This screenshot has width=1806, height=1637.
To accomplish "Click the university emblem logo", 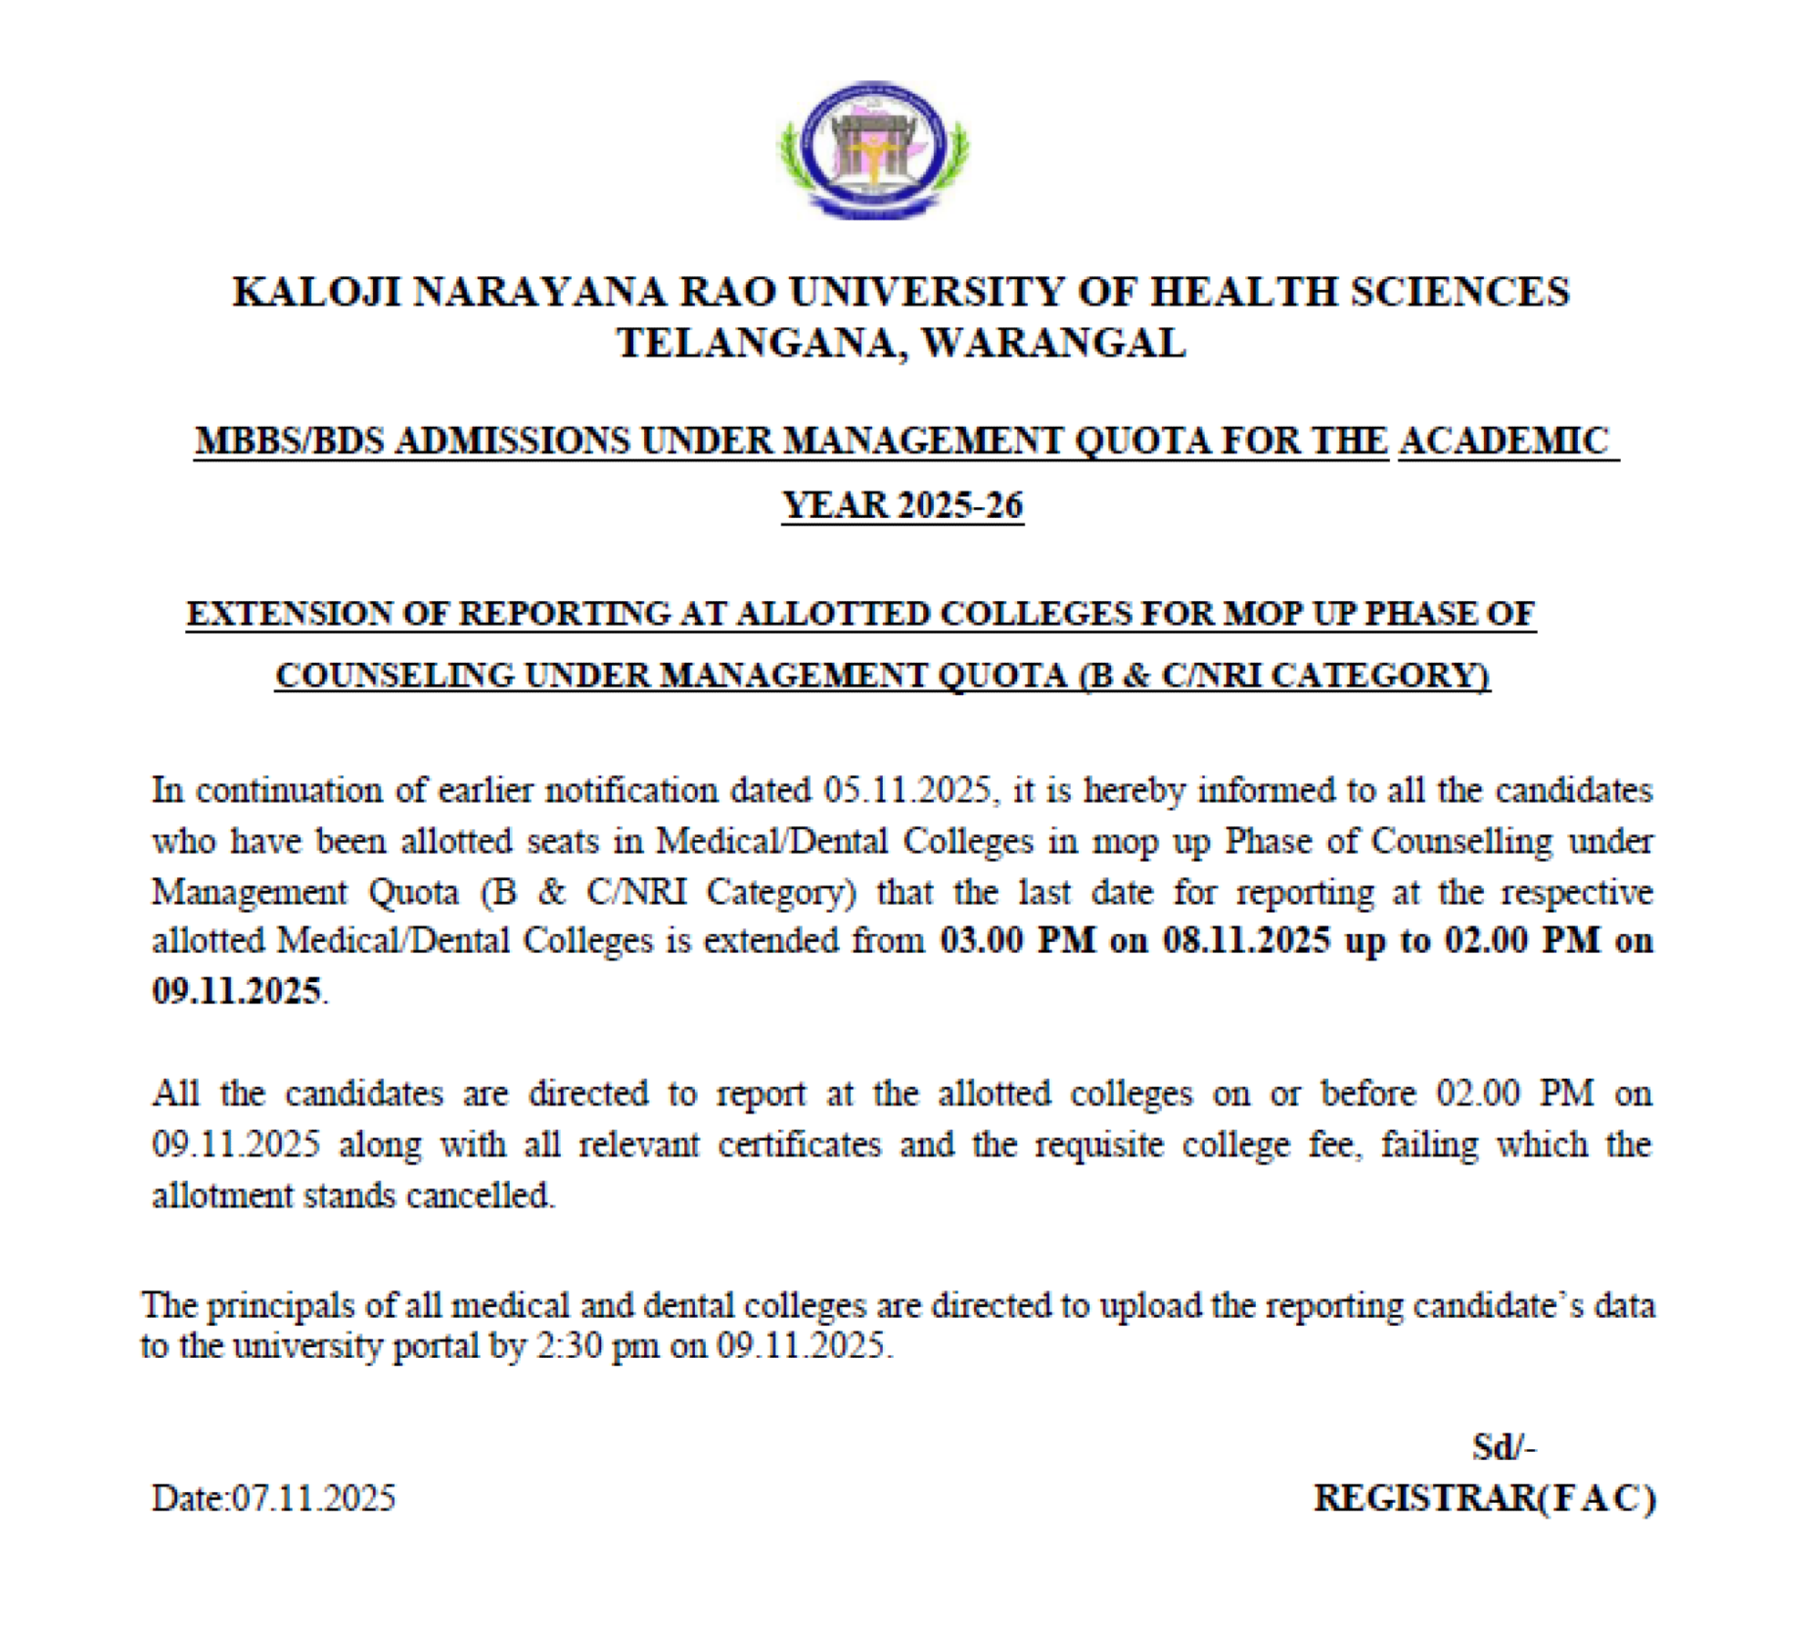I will pyautogui.click(x=873, y=149).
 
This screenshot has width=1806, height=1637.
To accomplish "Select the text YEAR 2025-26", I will pyautogui.click(x=902, y=505).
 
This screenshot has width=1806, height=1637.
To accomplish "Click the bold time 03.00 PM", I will pyautogui.click(x=1017, y=940).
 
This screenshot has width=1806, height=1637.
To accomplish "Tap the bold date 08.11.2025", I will pyautogui.click(x=1246, y=940).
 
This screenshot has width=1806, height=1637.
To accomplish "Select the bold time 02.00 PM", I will pyautogui.click(x=1522, y=940).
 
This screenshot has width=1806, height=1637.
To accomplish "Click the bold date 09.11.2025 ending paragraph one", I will pyautogui.click(x=236, y=990).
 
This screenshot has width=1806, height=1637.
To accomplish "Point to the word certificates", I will pyautogui.click(x=799, y=1145).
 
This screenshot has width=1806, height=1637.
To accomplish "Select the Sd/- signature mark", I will pyautogui.click(x=1504, y=1447).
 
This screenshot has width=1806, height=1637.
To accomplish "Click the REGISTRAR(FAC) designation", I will pyautogui.click(x=1484, y=1498).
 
